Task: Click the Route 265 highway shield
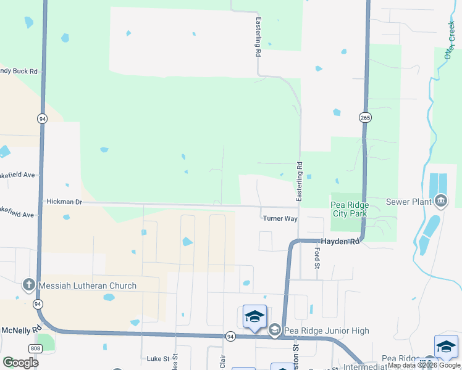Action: click(365, 117)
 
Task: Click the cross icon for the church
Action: click(28, 285)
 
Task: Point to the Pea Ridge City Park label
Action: click(350, 209)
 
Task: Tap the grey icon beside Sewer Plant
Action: click(441, 201)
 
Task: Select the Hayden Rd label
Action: click(339, 242)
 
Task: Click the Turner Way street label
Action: click(280, 218)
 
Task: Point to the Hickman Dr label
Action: click(64, 202)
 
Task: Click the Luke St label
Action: click(158, 358)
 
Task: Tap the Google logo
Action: click(20, 363)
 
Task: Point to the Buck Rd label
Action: click(20, 72)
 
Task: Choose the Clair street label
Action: click(223, 360)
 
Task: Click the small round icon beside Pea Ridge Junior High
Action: click(275, 331)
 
